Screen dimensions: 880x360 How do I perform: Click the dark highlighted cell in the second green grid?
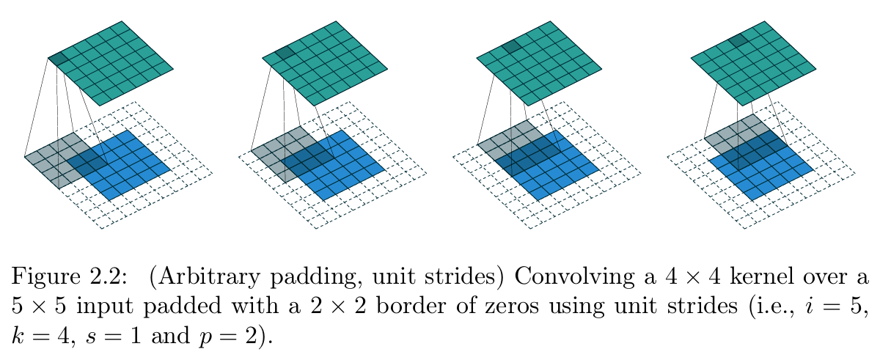(x=285, y=52)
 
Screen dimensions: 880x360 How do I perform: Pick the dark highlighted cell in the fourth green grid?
(x=738, y=40)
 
